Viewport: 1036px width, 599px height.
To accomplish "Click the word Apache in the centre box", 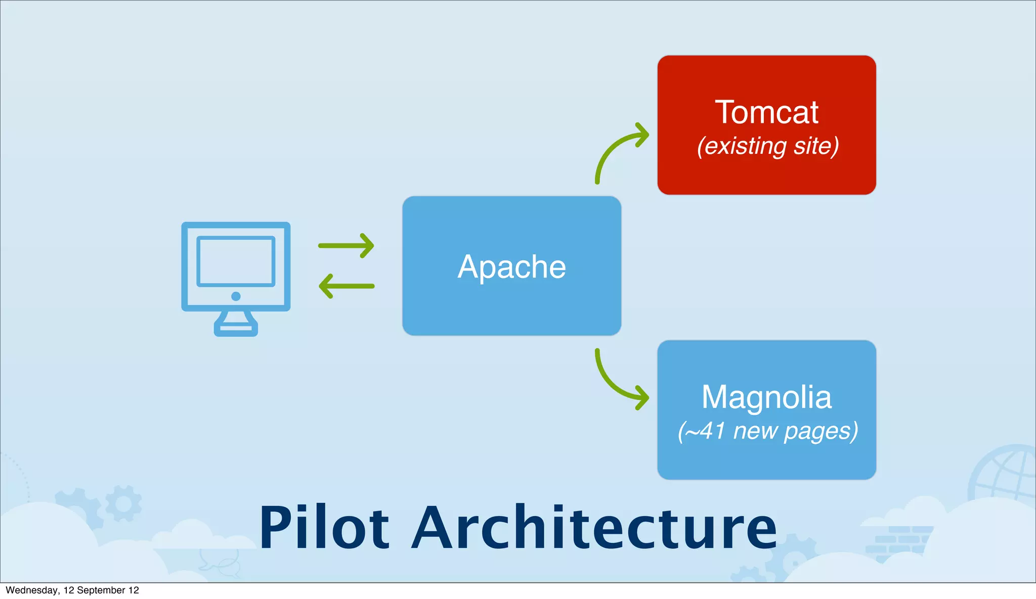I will tap(511, 267).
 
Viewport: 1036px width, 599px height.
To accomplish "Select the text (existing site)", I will tap(768, 146).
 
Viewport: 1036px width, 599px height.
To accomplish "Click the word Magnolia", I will tap(766, 397).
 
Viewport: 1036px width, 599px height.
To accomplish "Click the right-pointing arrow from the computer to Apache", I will tap(346, 245).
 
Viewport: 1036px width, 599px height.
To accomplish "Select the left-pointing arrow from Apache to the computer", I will tap(346, 286).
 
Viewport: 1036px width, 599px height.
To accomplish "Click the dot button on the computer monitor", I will tap(236, 296).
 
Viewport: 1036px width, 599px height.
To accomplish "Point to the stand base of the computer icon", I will tap(236, 328).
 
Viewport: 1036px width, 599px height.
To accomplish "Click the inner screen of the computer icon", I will tap(236, 261).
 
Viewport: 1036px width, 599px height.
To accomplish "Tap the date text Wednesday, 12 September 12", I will tap(72, 590).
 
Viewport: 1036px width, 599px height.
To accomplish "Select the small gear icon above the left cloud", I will tap(123, 503).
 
